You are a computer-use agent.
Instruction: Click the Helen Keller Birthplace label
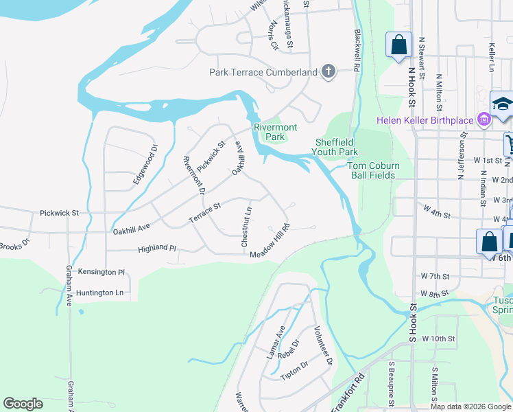pyautogui.click(x=425, y=120)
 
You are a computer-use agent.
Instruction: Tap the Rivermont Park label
pyautogui.click(x=275, y=132)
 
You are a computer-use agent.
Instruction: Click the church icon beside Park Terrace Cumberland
pyautogui.click(x=329, y=71)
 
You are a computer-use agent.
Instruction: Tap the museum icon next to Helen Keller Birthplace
pyautogui.click(x=484, y=120)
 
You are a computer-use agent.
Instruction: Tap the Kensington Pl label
pyautogui.click(x=101, y=272)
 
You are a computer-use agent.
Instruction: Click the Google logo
pyautogui.click(x=23, y=404)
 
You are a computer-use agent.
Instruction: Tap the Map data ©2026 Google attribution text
pyautogui.click(x=470, y=407)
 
